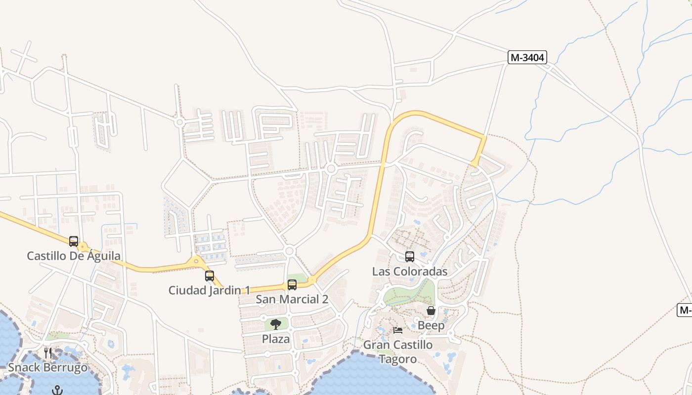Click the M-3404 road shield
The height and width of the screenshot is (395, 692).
[x=527, y=57]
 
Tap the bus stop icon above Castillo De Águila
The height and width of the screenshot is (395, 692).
[x=74, y=241]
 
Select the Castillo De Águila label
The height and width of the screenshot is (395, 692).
[x=74, y=256]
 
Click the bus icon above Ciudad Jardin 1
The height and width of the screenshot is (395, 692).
[x=210, y=276]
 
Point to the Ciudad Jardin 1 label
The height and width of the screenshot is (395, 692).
[x=210, y=290]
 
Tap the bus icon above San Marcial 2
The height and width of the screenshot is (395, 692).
[x=292, y=285]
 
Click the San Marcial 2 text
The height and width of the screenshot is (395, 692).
[x=292, y=299]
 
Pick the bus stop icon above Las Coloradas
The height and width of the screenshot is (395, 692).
[x=410, y=257]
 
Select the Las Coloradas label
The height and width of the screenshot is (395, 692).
[x=410, y=272]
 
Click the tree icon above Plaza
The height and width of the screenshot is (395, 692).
[x=276, y=324]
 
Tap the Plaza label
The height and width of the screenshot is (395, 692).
[x=276, y=339]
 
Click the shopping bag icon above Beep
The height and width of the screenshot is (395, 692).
[x=431, y=311]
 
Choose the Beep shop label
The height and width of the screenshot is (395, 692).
[x=431, y=325]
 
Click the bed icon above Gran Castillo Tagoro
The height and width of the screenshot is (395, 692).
[x=398, y=330]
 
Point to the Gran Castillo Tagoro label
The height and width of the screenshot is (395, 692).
[x=398, y=352]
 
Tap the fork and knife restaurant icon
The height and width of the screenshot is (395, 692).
[x=48, y=353]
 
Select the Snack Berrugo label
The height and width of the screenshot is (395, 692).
[x=48, y=368]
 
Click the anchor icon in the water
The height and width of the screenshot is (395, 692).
[x=58, y=390]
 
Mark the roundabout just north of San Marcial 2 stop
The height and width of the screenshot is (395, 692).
[x=290, y=251]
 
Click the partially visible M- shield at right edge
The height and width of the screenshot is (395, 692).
[x=685, y=310]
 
